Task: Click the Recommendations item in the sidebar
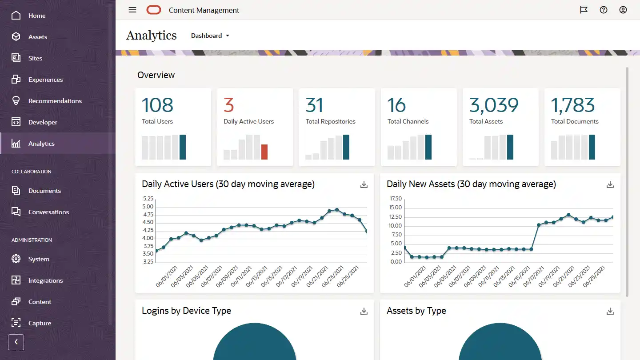[55, 101]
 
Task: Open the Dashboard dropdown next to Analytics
[210, 36]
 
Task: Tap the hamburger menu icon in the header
[132, 10]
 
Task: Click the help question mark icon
[604, 10]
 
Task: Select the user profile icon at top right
[623, 10]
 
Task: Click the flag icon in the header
[584, 10]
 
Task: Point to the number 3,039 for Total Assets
[494, 105]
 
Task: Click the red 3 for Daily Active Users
[228, 105]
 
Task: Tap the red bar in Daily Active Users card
[264, 152]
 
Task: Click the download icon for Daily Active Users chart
[364, 184]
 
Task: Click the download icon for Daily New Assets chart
[610, 184]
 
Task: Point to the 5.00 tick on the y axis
[148, 207]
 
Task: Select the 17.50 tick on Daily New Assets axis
[395, 199]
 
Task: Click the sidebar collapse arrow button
[16, 342]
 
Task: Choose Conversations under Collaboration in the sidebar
[48, 212]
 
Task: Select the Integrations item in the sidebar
[45, 280]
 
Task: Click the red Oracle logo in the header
[154, 10]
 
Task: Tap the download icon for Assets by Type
[610, 311]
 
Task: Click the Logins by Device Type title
[186, 311]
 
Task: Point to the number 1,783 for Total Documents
[573, 105]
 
